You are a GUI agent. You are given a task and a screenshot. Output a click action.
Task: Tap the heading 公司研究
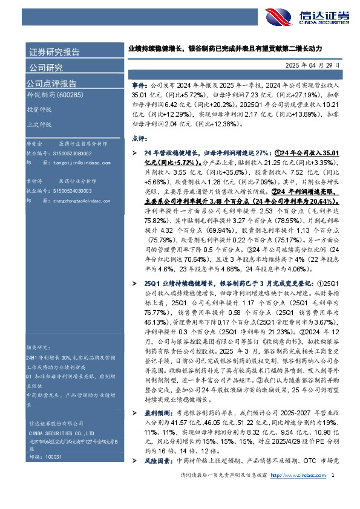[x=46, y=67]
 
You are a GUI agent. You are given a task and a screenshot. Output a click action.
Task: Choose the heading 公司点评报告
[x=51, y=83]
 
